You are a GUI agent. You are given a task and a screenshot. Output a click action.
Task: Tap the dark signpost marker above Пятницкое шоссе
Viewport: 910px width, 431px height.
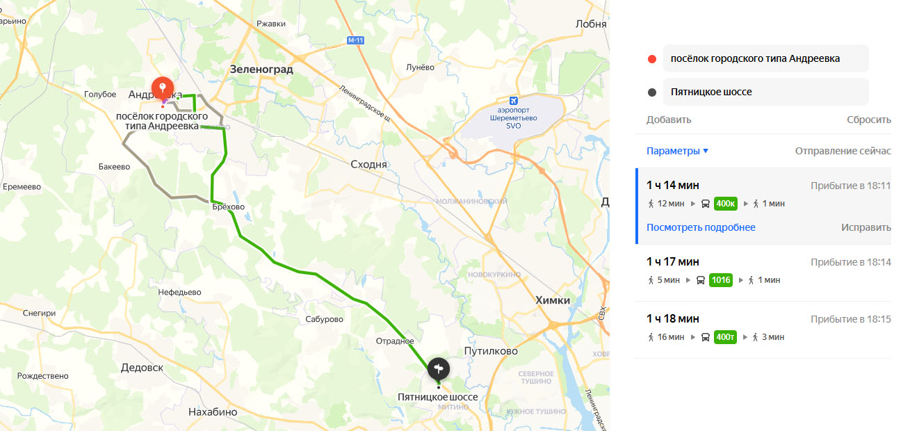[x=439, y=368]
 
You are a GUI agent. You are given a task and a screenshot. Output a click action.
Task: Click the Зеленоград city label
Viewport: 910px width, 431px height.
[x=261, y=70]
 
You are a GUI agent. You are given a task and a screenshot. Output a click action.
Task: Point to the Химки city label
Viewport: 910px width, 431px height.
[x=553, y=300]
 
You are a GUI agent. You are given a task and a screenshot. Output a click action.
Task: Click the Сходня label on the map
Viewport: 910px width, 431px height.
[x=369, y=165]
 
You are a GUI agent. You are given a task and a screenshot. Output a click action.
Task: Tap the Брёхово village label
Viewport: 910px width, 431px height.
[x=229, y=206]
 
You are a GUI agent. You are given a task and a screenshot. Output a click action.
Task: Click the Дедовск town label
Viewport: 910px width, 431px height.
[x=141, y=367]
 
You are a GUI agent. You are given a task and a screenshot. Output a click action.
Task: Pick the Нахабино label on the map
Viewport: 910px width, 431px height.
[x=213, y=412]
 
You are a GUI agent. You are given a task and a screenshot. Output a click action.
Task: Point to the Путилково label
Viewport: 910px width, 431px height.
[x=491, y=351]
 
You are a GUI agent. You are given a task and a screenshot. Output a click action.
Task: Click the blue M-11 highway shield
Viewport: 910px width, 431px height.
[x=355, y=40]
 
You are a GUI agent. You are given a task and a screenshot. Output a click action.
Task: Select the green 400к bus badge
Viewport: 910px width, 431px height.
[x=725, y=204]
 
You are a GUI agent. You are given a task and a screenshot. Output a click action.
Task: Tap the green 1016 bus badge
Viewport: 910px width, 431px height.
[x=720, y=280]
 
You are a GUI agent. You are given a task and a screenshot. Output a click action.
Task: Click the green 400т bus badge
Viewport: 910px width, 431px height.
[x=725, y=337]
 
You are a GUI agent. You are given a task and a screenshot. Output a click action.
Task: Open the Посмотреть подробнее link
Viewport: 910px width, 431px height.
[x=701, y=227]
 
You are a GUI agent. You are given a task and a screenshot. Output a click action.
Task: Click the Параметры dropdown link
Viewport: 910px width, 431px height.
[x=677, y=151]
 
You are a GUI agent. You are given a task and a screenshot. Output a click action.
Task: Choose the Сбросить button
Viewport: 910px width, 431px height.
[x=868, y=120]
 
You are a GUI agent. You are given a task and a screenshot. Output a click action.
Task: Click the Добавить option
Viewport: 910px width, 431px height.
[x=669, y=120]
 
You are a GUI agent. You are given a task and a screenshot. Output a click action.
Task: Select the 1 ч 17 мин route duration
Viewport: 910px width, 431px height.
[x=673, y=261]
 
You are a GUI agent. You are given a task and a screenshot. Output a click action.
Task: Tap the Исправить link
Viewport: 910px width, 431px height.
[x=866, y=227]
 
